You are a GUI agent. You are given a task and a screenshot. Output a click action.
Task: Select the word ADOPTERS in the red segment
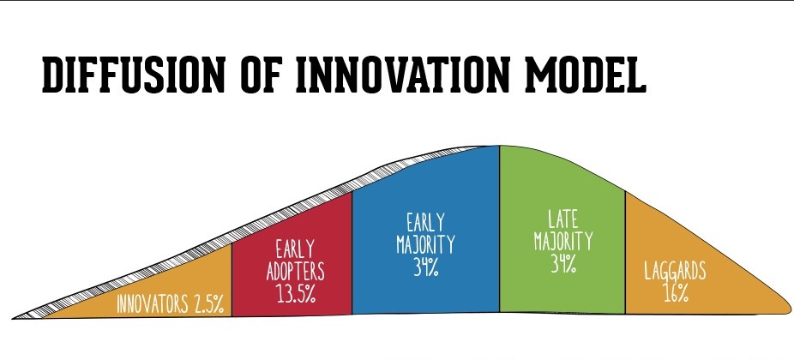(x=295, y=272)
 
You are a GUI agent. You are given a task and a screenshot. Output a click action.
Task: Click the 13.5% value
(x=296, y=294)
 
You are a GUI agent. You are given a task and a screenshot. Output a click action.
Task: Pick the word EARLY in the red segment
(x=295, y=250)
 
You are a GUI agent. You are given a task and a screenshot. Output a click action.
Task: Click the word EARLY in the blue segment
(x=425, y=223)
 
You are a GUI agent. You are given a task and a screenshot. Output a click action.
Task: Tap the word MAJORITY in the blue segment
(x=425, y=244)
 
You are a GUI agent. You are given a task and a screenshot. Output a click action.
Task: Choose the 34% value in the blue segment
(x=425, y=267)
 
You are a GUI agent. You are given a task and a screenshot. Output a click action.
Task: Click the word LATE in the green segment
(x=563, y=219)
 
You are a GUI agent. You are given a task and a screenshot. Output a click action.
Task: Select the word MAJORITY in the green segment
(x=563, y=242)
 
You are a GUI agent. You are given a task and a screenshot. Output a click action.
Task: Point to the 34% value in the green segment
(x=563, y=264)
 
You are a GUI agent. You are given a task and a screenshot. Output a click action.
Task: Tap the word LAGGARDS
(x=675, y=272)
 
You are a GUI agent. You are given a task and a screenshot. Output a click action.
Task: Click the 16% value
(x=676, y=293)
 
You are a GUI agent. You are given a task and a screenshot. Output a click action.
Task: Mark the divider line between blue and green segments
(x=499, y=229)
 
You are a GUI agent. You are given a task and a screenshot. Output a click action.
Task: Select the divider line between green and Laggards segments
(x=625, y=253)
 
